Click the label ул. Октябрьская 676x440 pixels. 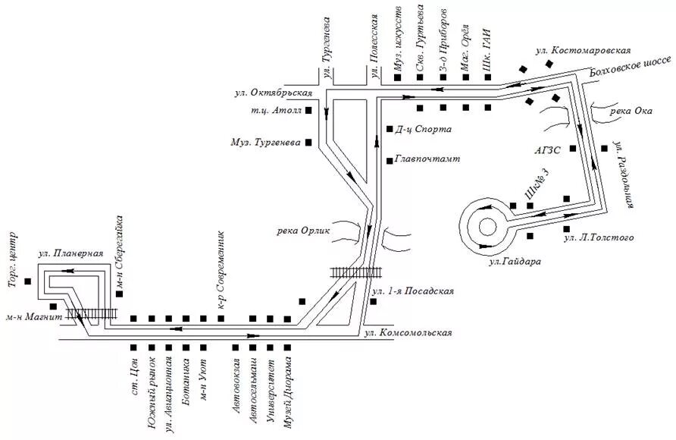(x=274, y=93)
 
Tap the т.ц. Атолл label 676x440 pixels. (x=276, y=110)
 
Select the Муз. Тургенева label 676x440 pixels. (x=267, y=143)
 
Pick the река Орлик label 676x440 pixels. (x=303, y=231)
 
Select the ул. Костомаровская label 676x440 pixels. (x=583, y=50)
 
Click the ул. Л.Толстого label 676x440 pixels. (x=599, y=238)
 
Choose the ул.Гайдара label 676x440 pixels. (x=516, y=262)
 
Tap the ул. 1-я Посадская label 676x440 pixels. (x=413, y=291)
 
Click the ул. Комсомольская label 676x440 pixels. (x=408, y=332)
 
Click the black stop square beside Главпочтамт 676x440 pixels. (x=389, y=160)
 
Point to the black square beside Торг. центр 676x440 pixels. (x=28, y=282)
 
